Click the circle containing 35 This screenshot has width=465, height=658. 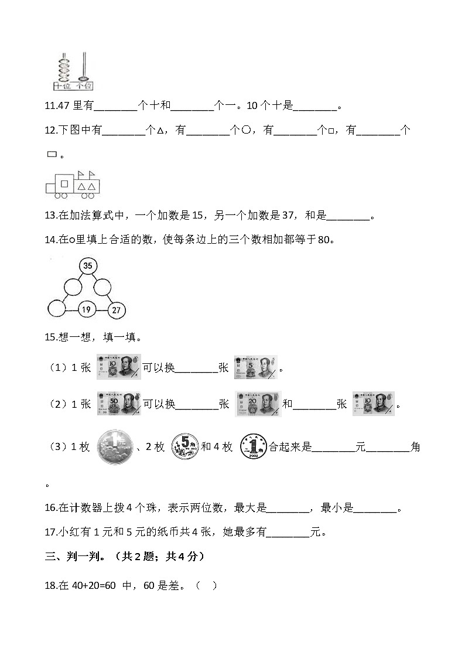click(x=87, y=266)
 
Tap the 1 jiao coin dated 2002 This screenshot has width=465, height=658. click(x=253, y=447)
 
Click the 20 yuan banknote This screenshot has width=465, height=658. click(x=258, y=404)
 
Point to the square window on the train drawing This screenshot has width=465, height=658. click(x=64, y=183)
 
